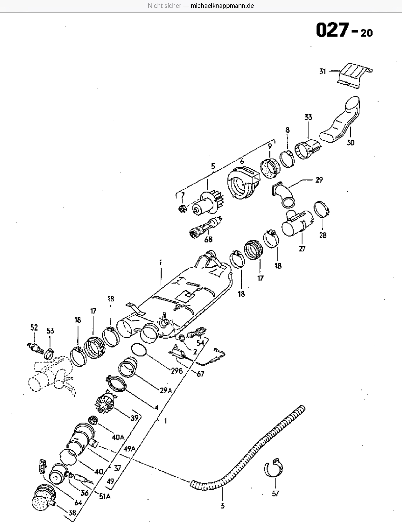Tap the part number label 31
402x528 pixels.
[x=322, y=71]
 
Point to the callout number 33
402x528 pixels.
[x=308, y=117]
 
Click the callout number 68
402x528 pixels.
[x=208, y=239]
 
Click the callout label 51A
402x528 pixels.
[x=104, y=496]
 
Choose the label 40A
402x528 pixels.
[x=118, y=437]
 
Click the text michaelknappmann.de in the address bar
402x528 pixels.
[x=222, y=6]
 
